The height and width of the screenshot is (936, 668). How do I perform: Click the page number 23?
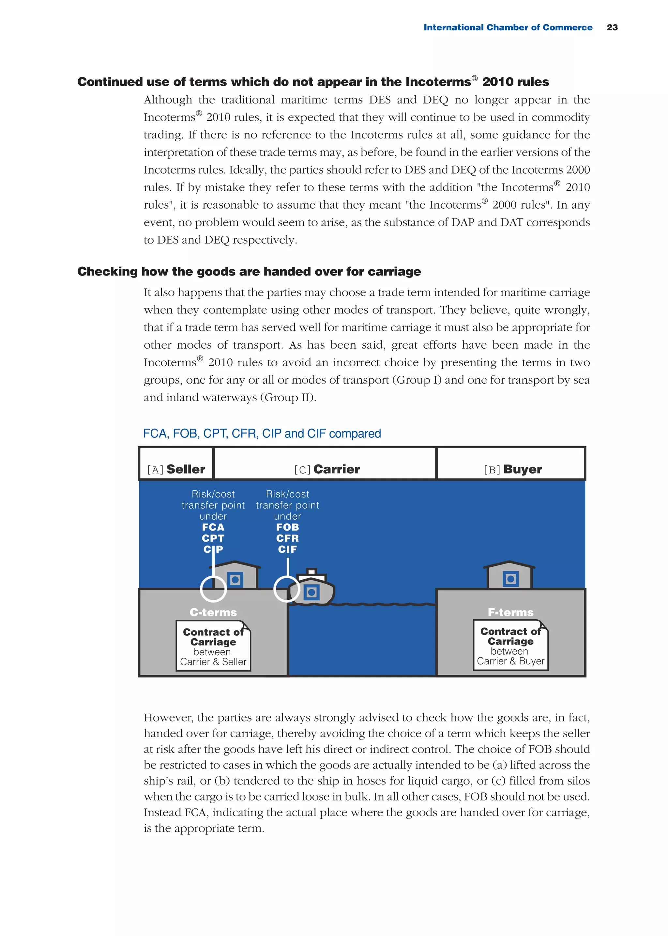[x=612, y=27]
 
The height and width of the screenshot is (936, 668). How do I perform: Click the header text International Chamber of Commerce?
[x=508, y=27]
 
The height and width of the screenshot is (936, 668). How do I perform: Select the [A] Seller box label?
[x=176, y=469]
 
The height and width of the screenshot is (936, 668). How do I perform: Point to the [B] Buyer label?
[x=512, y=469]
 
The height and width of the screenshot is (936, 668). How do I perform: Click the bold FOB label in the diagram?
[x=287, y=527]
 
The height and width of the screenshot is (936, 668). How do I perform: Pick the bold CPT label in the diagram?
[x=213, y=538]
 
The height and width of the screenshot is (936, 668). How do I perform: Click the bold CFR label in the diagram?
[x=287, y=538]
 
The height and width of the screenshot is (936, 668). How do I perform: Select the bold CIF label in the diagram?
[x=287, y=549]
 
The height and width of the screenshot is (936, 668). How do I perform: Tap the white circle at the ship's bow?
[x=287, y=589]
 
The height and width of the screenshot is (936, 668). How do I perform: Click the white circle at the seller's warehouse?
[x=213, y=589]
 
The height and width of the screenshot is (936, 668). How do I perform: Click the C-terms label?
[x=213, y=612]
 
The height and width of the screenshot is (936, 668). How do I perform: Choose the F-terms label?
[x=510, y=612]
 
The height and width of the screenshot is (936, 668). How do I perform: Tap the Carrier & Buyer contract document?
[x=510, y=645]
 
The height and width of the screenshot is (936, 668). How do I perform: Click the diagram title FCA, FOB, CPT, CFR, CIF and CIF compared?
[x=262, y=434]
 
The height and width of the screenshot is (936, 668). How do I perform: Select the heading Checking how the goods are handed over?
[x=249, y=272]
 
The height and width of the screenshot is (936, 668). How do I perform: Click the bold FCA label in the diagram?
[x=213, y=527]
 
